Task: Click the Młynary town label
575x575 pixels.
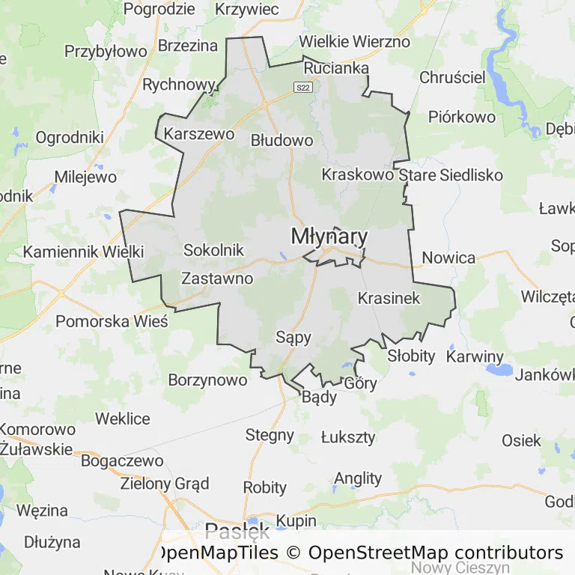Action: [x=329, y=237]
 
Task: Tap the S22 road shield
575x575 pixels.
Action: [x=302, y=88]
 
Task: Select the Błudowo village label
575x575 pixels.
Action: [x=282, y=140]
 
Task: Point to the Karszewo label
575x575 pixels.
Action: [x=198, y=135]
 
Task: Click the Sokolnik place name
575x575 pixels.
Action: [x=214, y=250]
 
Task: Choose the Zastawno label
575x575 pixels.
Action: [x=217, y=279]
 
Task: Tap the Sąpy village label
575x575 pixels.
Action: [x=293, y=337]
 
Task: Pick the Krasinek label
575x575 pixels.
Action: [x=389, y=298]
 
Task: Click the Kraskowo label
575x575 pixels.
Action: [x=357, y=174]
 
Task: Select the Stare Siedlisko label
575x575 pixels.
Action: [x=451, y=175]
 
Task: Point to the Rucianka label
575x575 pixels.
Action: [x=336, y=68]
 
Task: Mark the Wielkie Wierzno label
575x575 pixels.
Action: [x=354, y=41]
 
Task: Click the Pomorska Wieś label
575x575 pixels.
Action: [x=112, y=321]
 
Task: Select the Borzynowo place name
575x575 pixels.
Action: [x=207, y=380]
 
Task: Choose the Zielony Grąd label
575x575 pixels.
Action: [x=165, y=483]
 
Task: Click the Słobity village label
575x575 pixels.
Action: [x=411, y=356]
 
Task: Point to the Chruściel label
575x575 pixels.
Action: [x=452, y=77]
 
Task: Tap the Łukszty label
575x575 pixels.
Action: [x=348, y=437]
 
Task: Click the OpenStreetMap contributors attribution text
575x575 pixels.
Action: [x=436, y=553]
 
